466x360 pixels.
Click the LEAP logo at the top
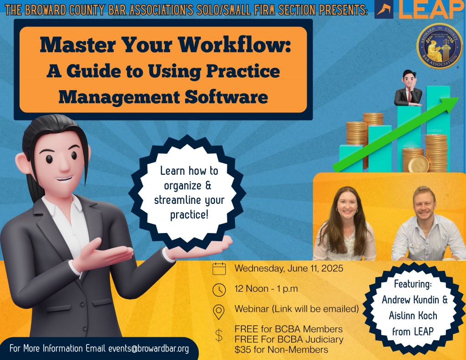(x=420, y=10)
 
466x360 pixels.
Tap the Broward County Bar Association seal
(x=439, y=46)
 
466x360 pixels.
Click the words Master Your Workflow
(x=165, y=45)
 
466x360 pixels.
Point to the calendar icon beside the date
(x=219, y=269)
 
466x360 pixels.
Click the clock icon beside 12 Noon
(x=219, y=289)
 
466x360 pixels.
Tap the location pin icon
(x=219, y=311)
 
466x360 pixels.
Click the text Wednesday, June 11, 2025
(x=289, y=269)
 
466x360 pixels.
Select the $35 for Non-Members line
(x=281, y=350)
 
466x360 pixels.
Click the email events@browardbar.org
(x=148, y=349)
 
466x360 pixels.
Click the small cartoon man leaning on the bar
(x=408, y=88)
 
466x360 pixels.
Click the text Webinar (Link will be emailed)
(x=297, y=309)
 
